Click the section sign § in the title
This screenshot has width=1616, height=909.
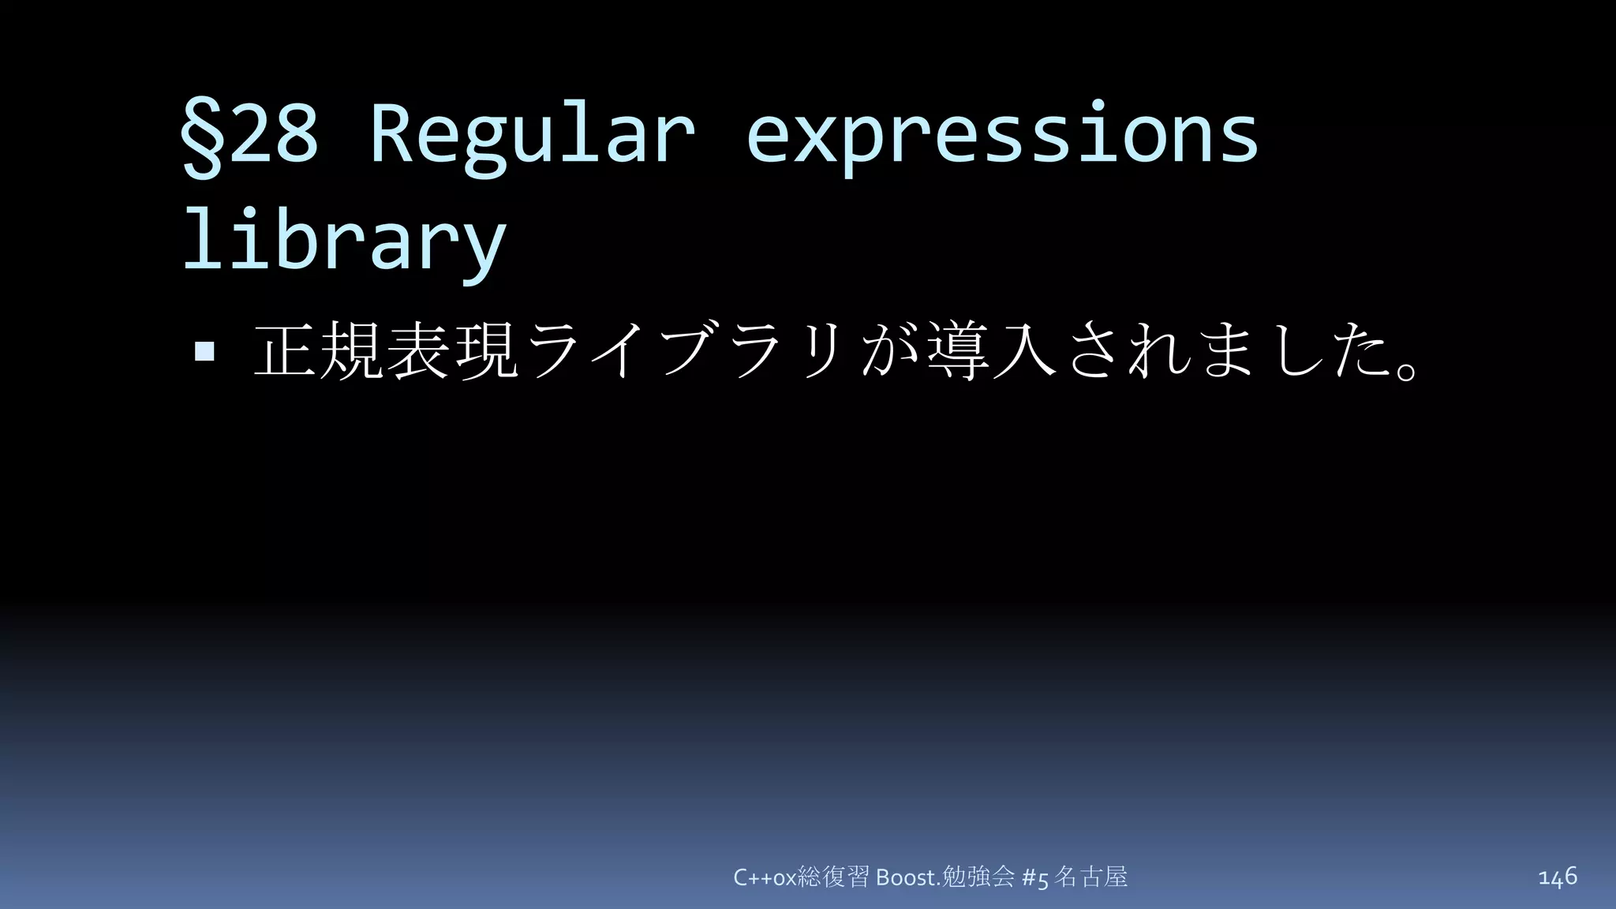[x=202, y=136]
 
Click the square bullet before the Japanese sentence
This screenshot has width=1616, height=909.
[x=204, y=351]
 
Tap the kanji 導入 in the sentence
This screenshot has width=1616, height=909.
[x=991, y=350]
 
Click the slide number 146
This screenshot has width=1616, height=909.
[x=1557, y=877]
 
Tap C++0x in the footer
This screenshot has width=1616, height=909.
[x=765, y=877]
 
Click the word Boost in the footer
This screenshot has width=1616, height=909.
[x=906, y=877]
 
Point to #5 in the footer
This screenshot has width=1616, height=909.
[x=1034, y=877]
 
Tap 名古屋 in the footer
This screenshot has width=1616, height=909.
[x=1091, y=877]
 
